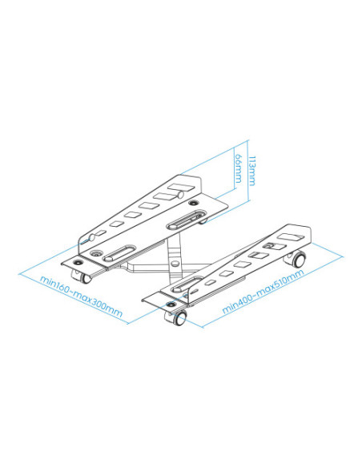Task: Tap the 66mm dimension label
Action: point(236,171)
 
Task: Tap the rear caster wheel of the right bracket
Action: point(298,260)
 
